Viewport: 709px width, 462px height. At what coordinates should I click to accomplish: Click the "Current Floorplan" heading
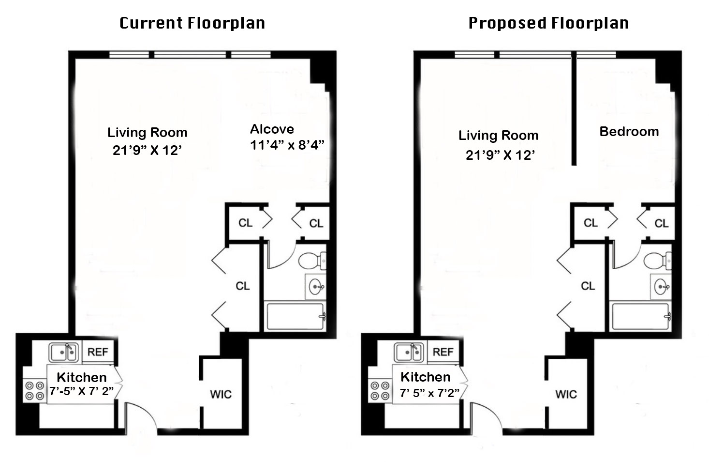pyautogui.click(x=192, y=23)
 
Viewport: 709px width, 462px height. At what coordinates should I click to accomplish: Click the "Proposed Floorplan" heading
pyautogui.click(x=548, y=23)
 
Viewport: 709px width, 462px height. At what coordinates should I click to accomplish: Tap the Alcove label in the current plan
pyautogui.click(x=272, y=129)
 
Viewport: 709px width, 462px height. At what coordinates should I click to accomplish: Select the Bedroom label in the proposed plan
pyautogui.click(x=629, y=132)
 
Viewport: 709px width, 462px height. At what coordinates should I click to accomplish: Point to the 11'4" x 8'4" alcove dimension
pyautogui.click(x=287, y=145)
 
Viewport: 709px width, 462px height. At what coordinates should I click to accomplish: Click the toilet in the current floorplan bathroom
pyautogui.click(x=312, y=261)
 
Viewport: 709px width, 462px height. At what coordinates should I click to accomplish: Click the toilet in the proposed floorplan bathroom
pyautogui.click(x=657, y=261)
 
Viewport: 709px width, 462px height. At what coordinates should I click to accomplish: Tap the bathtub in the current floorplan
pyautogui.click(x=295, y=316)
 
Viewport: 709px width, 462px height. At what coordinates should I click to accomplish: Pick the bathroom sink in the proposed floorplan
pyautogui.click(x=661, y=287)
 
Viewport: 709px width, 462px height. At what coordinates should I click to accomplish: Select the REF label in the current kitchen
pyautogui.click(x=98, y=352)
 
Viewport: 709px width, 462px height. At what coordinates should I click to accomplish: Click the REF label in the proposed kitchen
pyautogui.click(x=443, y=352)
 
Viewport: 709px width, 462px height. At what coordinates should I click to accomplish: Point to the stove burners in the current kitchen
pyautogui.click(x=34, y=390)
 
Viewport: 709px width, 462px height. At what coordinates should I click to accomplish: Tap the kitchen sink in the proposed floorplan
pyautogui.click(x=409, y=353)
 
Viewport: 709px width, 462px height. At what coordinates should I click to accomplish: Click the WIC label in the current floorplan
pyautogui.click(x=221, y=394)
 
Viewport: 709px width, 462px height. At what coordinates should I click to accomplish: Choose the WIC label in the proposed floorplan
pyautogui.click(x=566, y=394)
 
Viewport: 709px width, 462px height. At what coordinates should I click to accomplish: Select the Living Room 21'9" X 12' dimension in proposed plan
pyautogui.click(x=500, y=155)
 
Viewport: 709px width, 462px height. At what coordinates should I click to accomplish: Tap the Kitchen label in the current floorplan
pyautogui.click(x=82, y=377)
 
